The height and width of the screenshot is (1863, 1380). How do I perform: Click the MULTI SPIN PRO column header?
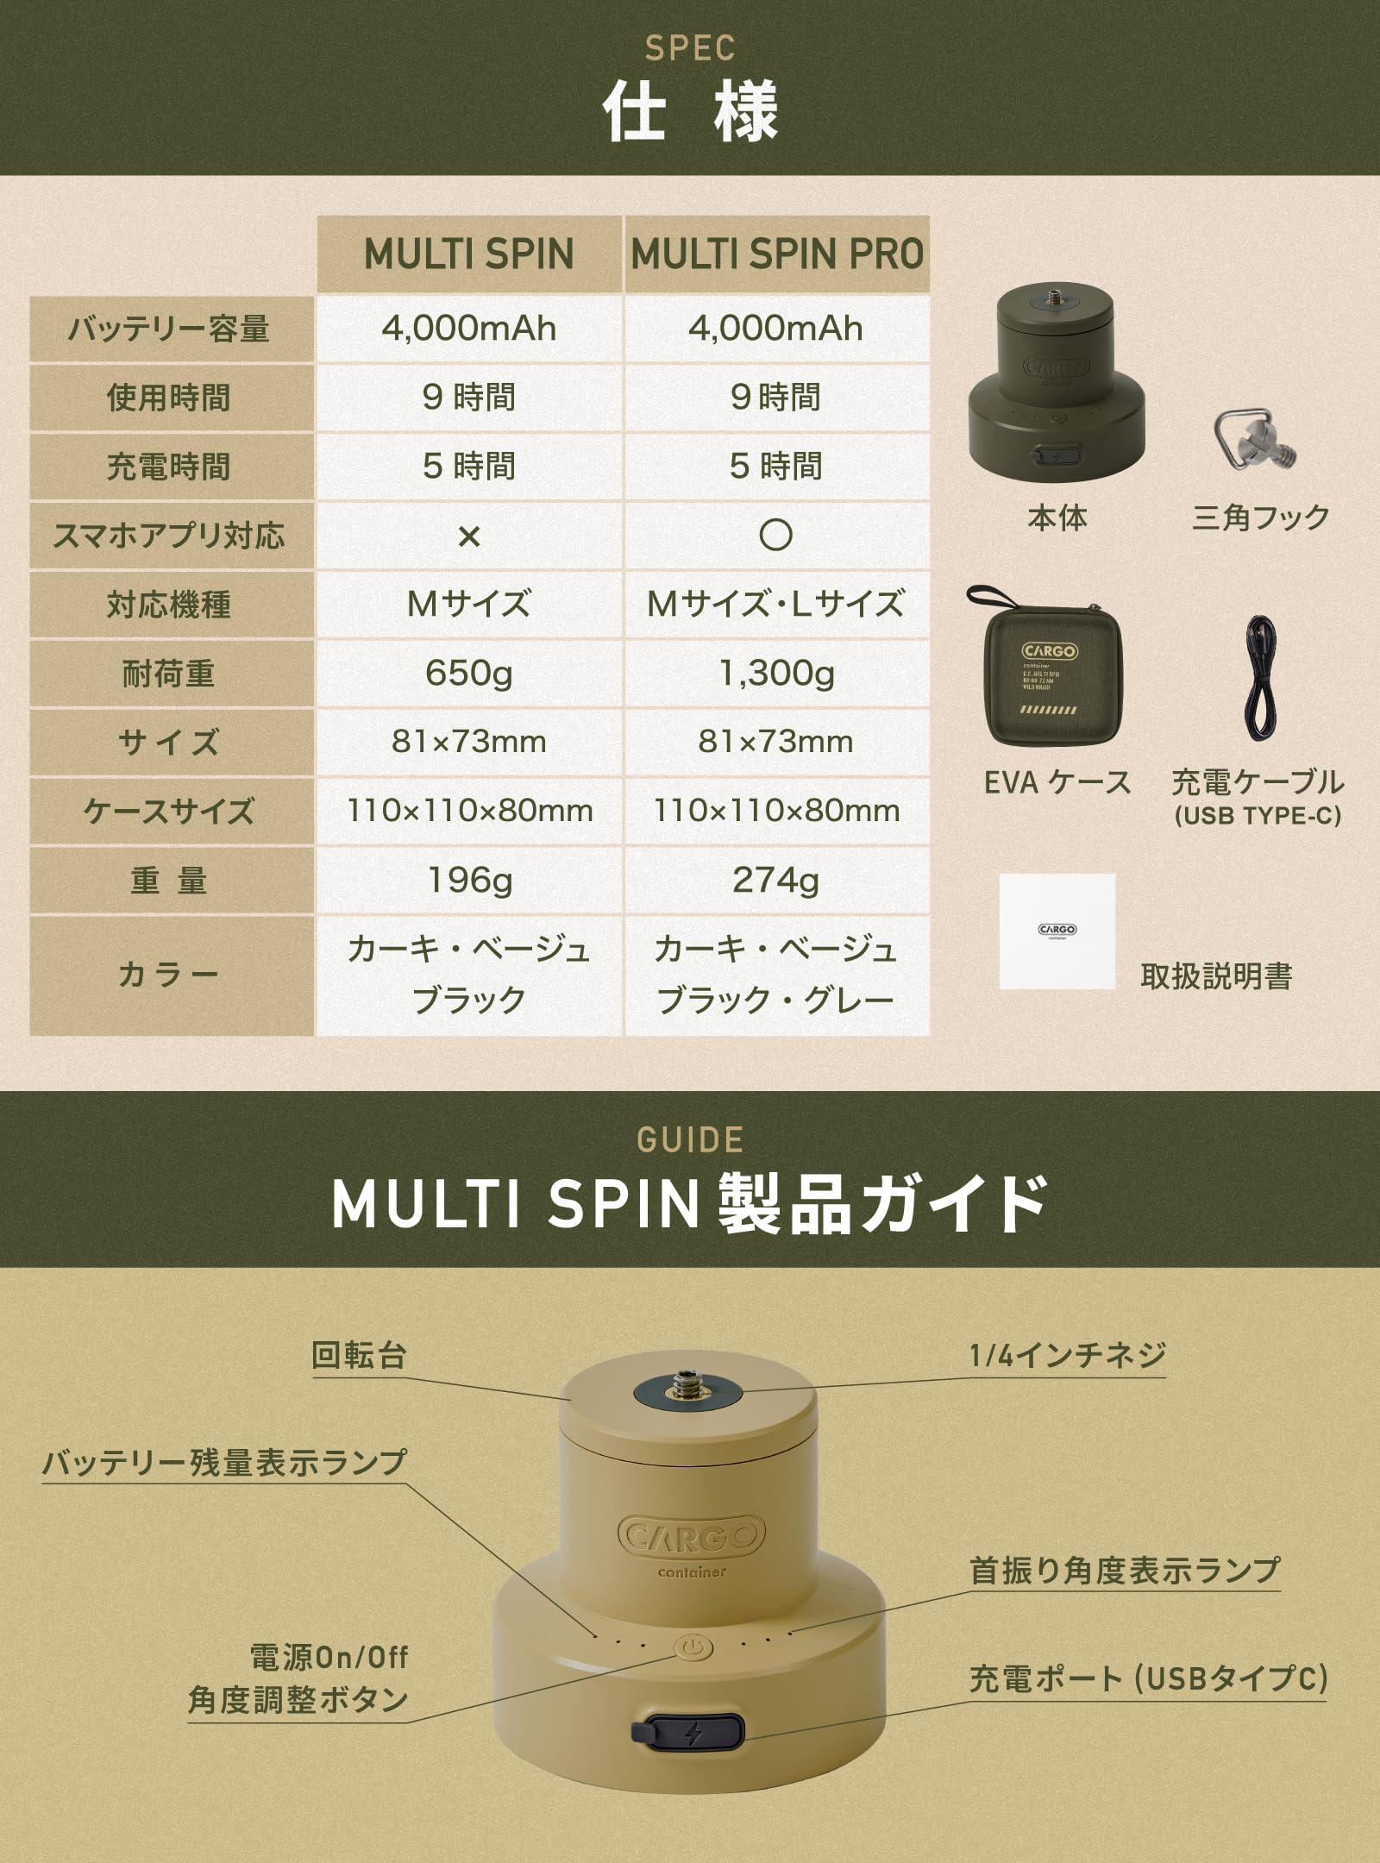point(776,254)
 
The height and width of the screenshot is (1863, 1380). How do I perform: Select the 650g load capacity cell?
point(468,674)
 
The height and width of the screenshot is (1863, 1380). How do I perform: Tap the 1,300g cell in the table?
point(776,674)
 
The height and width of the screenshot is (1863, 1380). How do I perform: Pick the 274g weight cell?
point(776,881)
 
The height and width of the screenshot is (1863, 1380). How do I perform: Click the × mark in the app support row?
point(468,536)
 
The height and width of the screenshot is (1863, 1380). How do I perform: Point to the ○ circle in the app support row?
point(775,536)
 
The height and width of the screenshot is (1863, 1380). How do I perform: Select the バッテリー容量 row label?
point(170,329)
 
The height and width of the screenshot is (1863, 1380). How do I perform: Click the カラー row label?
point(170,975)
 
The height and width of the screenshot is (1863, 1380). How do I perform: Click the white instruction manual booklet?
point(1057,931)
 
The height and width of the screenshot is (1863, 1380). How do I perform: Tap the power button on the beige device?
point(692,1647)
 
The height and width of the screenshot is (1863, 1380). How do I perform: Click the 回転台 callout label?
point(359,1355)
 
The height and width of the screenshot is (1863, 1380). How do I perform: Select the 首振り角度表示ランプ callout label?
point(1124,1570)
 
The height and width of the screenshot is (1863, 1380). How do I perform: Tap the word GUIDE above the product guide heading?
point(689,1139)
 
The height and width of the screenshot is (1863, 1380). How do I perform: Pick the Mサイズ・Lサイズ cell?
point(776,605)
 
